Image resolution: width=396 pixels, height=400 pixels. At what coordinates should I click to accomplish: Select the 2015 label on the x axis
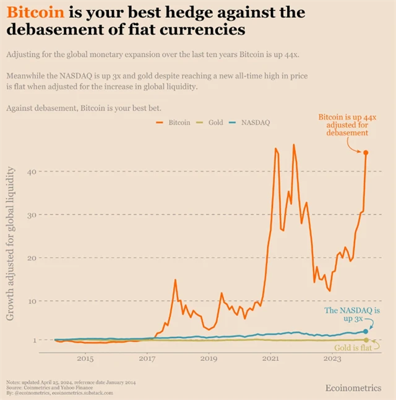[x=85, y=359]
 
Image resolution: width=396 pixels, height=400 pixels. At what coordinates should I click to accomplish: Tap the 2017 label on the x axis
[x=147, y=359]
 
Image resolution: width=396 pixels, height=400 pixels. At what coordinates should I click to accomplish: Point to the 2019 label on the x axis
[x=209, y=359]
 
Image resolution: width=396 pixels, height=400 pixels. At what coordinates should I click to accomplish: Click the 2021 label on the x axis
[x=270, y=359]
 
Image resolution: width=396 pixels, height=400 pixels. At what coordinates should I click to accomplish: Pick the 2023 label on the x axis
[x=332, y=359]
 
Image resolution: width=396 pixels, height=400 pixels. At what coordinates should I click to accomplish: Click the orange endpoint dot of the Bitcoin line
[x=366, y=152]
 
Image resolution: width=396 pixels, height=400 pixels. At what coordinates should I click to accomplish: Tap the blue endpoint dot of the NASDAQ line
[x=366, y=331]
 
